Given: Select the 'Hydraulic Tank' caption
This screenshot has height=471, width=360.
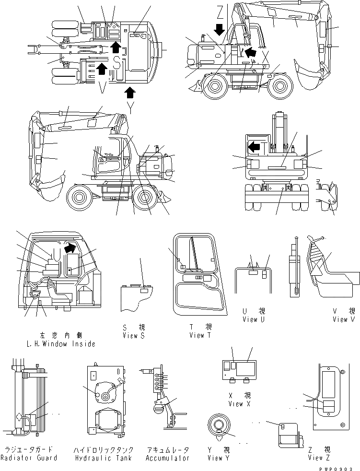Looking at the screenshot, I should [103, 458].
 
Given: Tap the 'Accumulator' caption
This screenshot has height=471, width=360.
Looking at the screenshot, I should [167, 458].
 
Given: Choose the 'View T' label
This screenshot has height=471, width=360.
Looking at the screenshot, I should [200, 335].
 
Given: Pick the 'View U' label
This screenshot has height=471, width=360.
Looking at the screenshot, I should [256, 319].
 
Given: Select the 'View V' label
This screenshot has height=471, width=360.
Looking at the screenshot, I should [343, 319].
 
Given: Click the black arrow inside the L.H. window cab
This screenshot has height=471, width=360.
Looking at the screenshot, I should [70, 248].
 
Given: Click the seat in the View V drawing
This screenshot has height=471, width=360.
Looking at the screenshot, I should [336, 278].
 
